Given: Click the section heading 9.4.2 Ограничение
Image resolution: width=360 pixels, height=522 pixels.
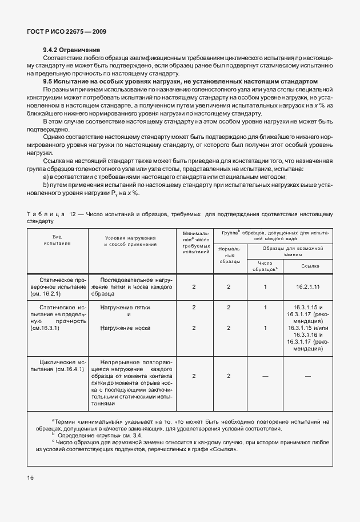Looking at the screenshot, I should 71,50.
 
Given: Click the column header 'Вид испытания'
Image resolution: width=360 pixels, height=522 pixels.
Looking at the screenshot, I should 57,240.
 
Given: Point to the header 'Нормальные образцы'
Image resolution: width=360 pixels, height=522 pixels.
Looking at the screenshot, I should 229,255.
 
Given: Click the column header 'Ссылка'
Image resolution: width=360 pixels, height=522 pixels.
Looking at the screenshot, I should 307,266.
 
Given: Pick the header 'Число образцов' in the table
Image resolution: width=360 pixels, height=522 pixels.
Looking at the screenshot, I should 265,266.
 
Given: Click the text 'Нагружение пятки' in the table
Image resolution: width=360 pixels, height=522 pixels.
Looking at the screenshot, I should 125,308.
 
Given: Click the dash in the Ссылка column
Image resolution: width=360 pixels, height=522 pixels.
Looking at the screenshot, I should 307,376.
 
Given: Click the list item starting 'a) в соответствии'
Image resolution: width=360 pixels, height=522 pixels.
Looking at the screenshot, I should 165,177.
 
